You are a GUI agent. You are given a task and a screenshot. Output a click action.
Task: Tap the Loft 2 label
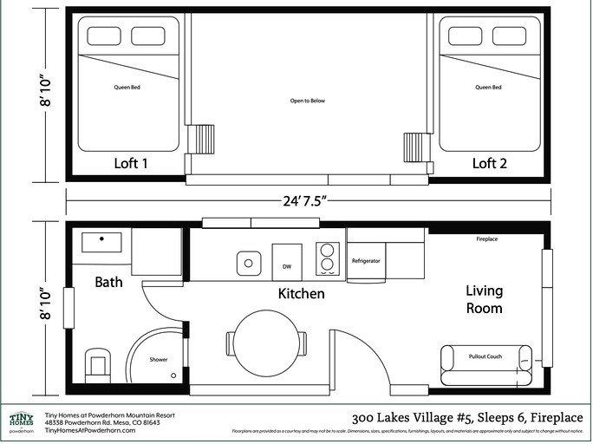pyautogui.click(x=490, y=163)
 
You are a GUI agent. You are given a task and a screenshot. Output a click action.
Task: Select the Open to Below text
pyautogui.click(x=307, y=101)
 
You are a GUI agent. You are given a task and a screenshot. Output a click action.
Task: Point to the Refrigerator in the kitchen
pyautogui.click(x=367, y=261)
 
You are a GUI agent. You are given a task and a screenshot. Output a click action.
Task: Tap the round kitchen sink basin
pyautogui.click(x=249, y=261)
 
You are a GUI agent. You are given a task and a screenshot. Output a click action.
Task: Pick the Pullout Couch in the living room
pyautogui.click(x=485, y=356)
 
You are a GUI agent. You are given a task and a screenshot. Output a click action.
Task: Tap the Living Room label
pyautogui.click(x=484, y=299)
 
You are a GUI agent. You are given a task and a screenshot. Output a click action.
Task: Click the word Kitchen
pyautogui.click(x=301, y=294)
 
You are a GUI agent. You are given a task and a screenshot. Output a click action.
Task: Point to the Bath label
pyautogui.click(x=109, y=282)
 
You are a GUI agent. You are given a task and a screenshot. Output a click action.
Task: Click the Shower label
pyautogui.click(x=159, y=359)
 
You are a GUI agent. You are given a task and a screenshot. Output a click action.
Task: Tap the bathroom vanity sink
pyautogui.click(x=102, y=242)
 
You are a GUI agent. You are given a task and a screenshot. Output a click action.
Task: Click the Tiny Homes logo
pyautogui.click(x=21, y=421)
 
